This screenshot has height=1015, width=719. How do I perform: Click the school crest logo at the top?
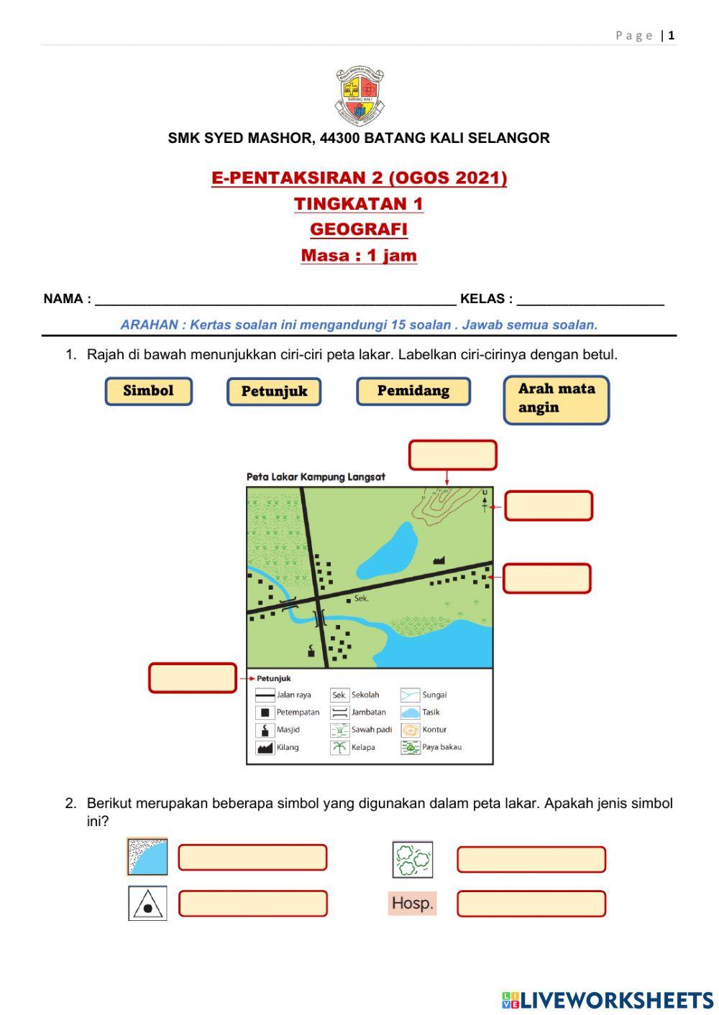pos(359,96)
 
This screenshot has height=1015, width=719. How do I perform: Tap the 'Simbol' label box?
pos(149,391)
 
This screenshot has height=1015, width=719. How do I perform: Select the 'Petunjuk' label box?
pos(274,392)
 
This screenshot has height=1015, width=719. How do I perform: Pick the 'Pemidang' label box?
pos(413,391)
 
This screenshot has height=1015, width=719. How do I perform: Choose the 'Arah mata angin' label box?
pos(556,399)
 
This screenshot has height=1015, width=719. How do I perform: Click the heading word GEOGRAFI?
pos(359,229)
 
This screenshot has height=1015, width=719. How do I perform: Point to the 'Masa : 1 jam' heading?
pos(359,256)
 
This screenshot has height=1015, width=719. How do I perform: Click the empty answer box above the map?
pos(452,455)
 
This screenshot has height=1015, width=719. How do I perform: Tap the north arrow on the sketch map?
pos(485,500)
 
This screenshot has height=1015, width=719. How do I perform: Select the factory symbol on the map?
pos(439,560)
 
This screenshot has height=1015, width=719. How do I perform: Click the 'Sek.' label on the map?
pos(362,598)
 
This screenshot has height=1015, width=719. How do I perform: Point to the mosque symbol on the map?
pos(311,651)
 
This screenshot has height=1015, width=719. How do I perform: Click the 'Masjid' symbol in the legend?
pos(265,730)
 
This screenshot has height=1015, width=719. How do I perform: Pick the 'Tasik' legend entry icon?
pos(410,713)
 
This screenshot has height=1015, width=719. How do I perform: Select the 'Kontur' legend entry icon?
pos(410,730)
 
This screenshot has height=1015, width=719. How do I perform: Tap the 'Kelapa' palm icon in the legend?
pos(339,748)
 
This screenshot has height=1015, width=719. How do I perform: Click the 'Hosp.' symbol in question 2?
pos(412,903)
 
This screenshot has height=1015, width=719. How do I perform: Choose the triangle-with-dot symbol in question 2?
pos(147,904)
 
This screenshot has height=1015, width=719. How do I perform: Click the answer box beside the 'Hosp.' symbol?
pos(531,904)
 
